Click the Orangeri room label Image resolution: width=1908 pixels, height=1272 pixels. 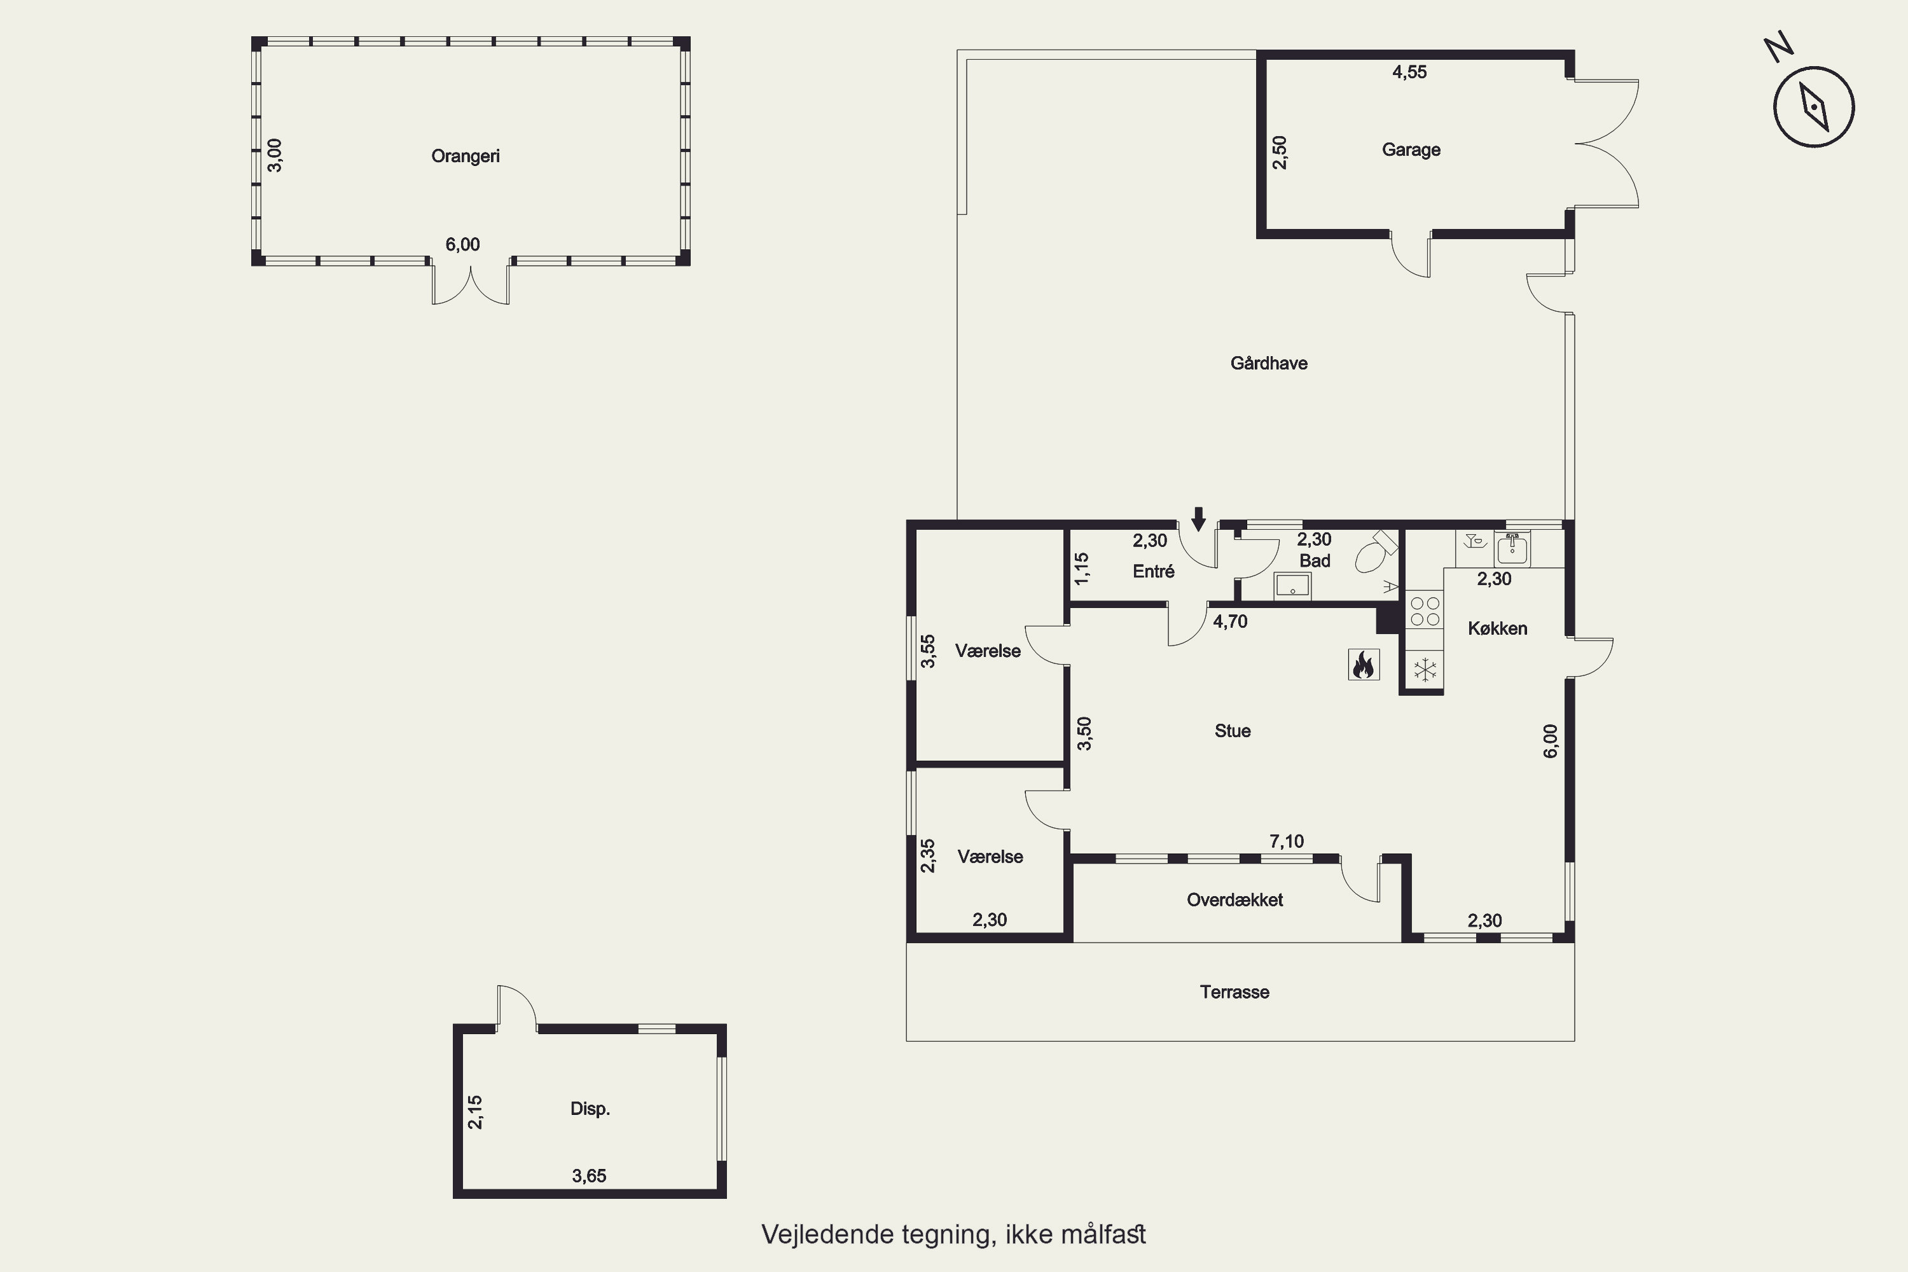[x=465, y=156]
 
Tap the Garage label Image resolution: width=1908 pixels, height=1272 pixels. [x=1411, y=149]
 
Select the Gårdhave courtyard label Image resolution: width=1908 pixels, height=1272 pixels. [x=1269, y=363]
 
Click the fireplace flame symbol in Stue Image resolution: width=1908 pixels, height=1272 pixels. [x=1363, y=665]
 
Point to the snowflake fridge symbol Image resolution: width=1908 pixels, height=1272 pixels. [x=1425, y=670]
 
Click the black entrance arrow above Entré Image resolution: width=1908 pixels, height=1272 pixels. [x=1198, y=519]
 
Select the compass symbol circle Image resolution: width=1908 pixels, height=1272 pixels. [x=1813, y=107]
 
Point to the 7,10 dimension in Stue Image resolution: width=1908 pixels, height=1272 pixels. [x=1287, y=841]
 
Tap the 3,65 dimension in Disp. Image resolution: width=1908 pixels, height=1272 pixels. [x=589, y=1175]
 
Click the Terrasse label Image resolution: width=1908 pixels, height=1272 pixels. [x=1234, y=992]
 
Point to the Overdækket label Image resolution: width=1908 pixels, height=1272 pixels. [x=1234, y=900]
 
